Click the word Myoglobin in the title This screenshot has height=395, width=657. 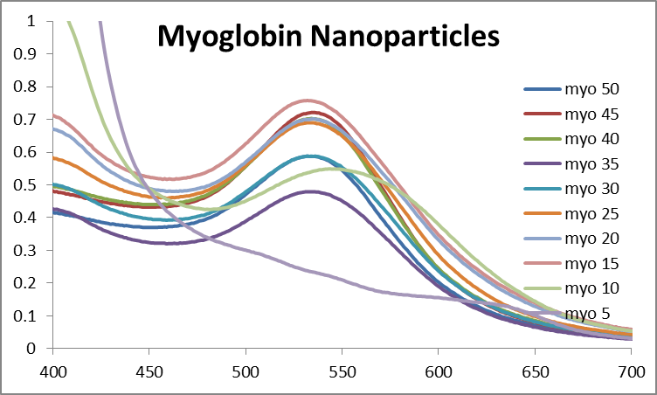coord(227,37)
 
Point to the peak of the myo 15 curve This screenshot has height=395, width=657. coord(308,100)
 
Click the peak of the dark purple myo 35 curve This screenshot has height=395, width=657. coord(310,191)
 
